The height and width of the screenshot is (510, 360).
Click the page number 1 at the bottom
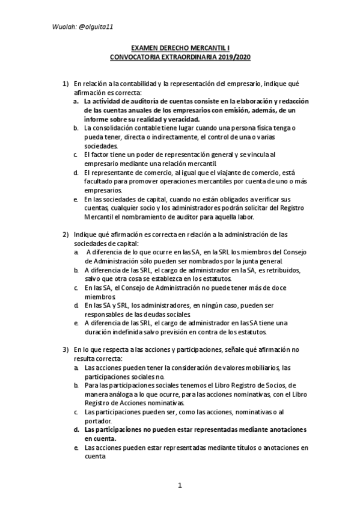coord(180,485)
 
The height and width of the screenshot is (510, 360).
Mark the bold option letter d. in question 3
coord(76,429)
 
